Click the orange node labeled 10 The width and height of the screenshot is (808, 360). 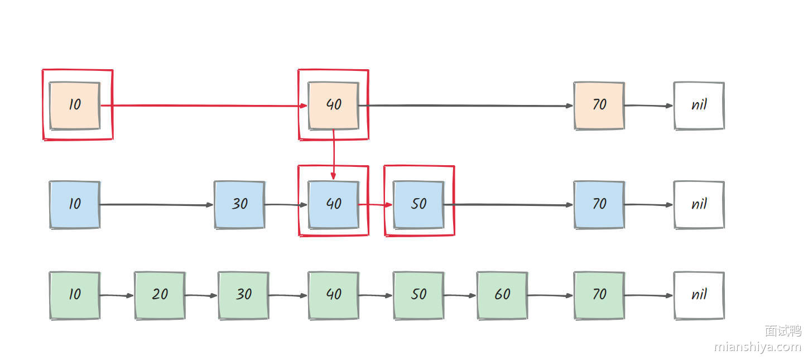click(75, 105)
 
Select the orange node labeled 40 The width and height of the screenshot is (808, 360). click(333, 105)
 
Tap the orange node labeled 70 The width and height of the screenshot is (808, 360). click(599, 105)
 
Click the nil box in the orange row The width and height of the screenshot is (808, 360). click(699, 105)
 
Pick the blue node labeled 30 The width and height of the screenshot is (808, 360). click(239, 204)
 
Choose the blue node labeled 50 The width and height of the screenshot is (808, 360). click(419, 204)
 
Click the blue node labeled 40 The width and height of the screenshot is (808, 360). click(333, 204)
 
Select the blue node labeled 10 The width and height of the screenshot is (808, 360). click(75, 204)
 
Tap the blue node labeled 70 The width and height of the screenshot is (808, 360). click(599, 204)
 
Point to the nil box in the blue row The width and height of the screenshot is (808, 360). click(699, 204)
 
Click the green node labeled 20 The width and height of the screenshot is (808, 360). click(160, 295)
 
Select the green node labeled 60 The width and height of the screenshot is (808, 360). click(502, 295)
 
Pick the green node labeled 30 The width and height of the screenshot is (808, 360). click(243, 295)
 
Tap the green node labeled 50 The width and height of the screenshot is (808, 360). click(419, 295)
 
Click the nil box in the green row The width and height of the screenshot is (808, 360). click(699, 295)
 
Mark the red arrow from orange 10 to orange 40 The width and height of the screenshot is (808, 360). click(204, 105)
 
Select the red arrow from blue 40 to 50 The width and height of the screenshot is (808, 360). click(376, 205)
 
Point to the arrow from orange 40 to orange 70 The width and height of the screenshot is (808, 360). click(466, 105)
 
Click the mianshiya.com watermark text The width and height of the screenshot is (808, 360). click(757, 347)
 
